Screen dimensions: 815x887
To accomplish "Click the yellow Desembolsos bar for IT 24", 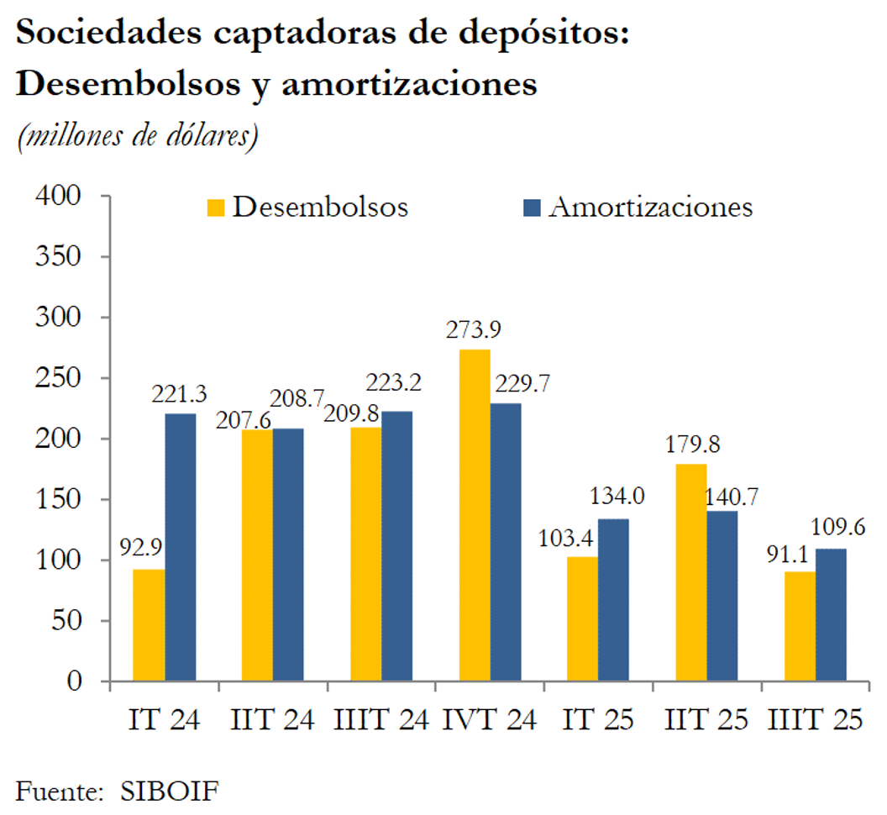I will (x=149, y=625).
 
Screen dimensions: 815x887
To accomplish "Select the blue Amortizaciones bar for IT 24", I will (x=180, y=547).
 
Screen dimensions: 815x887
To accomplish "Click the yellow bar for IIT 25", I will (x=690, y=572).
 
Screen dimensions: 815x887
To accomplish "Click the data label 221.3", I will (x=179, y=393).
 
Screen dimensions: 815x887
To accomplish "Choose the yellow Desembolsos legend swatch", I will (x=217, y=208).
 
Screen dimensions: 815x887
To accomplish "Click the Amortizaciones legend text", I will (x=650, y=208).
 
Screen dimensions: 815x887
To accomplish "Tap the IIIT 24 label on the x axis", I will (x=381, y=722).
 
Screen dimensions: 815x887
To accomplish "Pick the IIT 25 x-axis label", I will (x=706, y=722).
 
